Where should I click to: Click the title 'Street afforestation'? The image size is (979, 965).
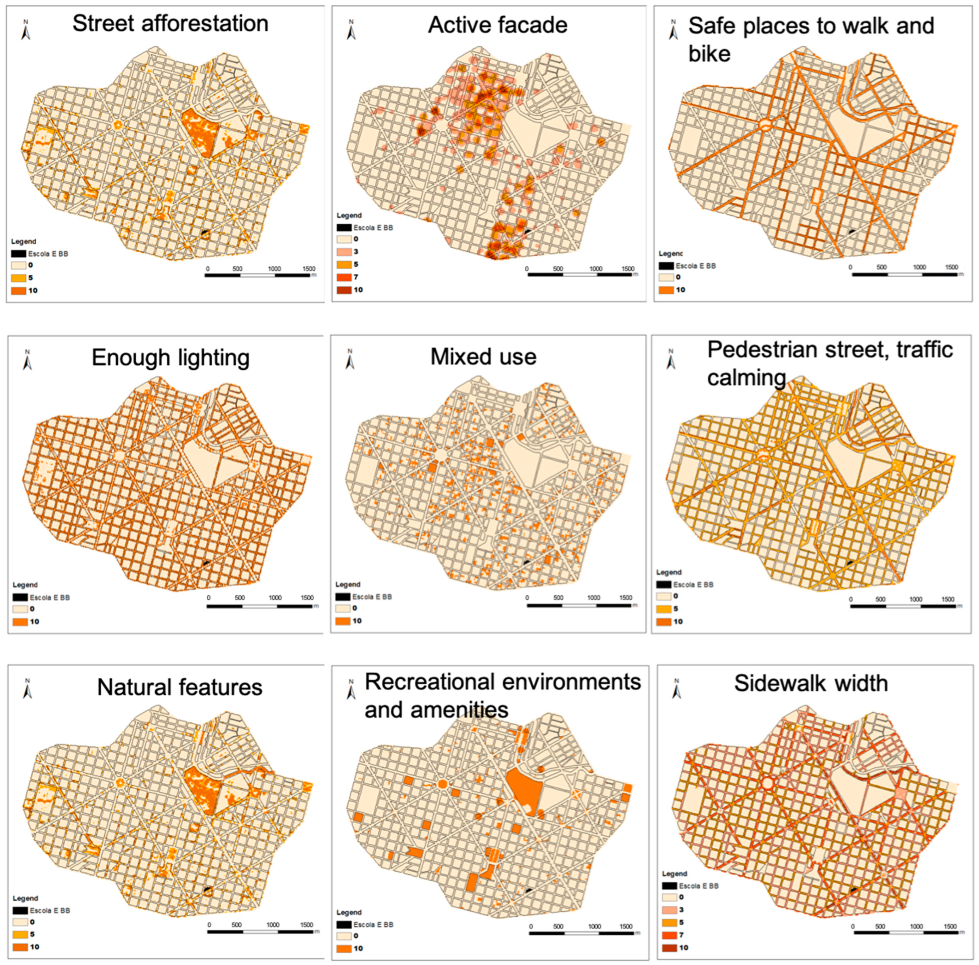pos(170,24)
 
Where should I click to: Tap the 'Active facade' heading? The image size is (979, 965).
pos(497,25)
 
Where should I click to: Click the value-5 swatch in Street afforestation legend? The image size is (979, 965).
pos(19,278)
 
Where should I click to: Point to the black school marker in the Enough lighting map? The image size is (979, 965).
pos(206,563)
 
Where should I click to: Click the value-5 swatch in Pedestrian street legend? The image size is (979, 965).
pos(664,609)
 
